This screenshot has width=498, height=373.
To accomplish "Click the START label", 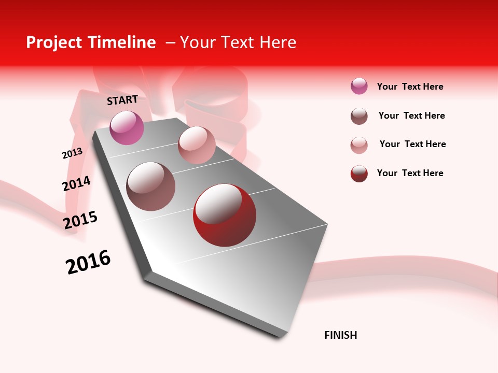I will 122,100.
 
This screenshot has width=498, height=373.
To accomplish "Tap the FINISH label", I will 341,335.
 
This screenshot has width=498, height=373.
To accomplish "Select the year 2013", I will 72,153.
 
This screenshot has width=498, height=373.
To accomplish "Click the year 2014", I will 76,183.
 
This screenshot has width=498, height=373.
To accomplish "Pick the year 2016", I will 88,262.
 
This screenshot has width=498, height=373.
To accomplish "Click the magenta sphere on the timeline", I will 127,127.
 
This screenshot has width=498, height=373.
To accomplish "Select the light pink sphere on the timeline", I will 197,145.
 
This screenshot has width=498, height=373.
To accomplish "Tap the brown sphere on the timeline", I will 151,187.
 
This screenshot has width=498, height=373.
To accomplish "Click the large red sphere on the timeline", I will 225,215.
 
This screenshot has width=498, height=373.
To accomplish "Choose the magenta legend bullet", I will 359,86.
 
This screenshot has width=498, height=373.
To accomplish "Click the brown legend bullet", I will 359,116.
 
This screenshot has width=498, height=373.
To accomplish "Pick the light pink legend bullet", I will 359,145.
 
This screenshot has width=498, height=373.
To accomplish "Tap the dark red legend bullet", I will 359,174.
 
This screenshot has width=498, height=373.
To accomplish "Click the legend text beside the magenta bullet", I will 410,87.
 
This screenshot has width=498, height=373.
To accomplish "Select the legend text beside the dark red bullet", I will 410,173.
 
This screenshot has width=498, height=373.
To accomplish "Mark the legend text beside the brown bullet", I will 412,116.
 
